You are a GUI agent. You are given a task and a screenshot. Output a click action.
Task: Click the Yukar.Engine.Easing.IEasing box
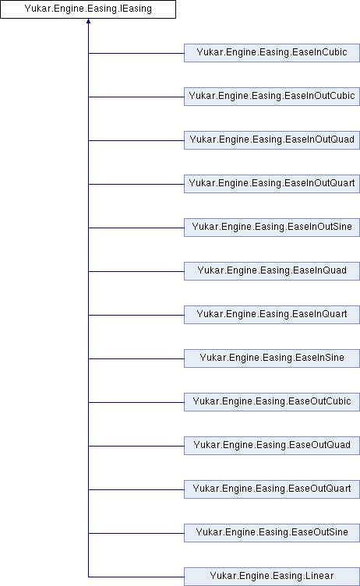[x=88, y=9]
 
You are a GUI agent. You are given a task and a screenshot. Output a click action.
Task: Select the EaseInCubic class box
[x=272, y=53]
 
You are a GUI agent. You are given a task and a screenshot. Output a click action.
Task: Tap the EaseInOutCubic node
[x=272, y=97]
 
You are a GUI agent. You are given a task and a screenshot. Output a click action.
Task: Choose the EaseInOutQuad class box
[x=272, y=140]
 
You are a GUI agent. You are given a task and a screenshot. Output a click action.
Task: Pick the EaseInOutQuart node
[x=272, y=184]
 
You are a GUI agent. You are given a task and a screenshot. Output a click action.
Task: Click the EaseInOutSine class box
[x=272, y=228]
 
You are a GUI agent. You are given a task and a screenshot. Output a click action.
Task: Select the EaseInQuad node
[x=272, y=271]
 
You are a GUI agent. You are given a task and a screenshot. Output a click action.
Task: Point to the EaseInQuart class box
[x=272, y=315]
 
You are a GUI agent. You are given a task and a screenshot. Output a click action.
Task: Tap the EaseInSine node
[x=272, y=358]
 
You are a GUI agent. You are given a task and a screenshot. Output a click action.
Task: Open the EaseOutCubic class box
[x=272, y=402]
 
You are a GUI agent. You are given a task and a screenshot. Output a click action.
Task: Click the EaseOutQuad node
[x=272, y=446]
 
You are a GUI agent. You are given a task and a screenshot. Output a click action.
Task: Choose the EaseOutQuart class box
[x=272, y=489]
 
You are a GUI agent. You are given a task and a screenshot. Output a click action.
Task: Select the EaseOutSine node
[x=272, y=533]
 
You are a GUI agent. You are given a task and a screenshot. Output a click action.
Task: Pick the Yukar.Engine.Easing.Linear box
[x=272, y=577]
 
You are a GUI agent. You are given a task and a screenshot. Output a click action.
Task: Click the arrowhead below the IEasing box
[x=89, y=21]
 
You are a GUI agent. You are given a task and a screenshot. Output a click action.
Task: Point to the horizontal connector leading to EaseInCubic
[x=136, y=53]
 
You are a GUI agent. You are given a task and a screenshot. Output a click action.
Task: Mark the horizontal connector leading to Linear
[x=136, y=577]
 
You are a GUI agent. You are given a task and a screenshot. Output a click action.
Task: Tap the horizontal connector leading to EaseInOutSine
[x=136, y=228]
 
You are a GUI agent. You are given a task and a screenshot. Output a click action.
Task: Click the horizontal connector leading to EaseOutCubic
[x=136, y=402]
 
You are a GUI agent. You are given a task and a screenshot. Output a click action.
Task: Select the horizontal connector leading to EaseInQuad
[x=136, y=271]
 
